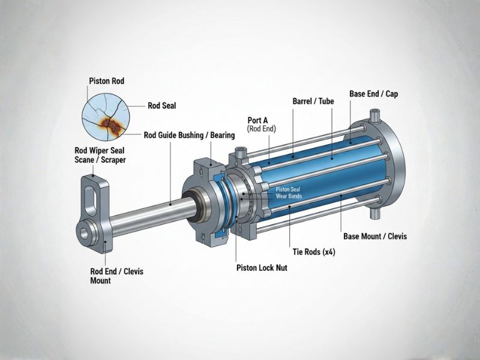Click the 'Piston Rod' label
[106, 80]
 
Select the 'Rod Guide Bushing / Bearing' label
[190, 135]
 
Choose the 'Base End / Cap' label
[373, 94]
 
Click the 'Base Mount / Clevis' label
[374, 236]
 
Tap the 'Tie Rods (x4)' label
[314, 252]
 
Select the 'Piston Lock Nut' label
[262, 268]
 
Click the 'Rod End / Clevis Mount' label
[108, 276]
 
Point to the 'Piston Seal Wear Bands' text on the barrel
[289, 193]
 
